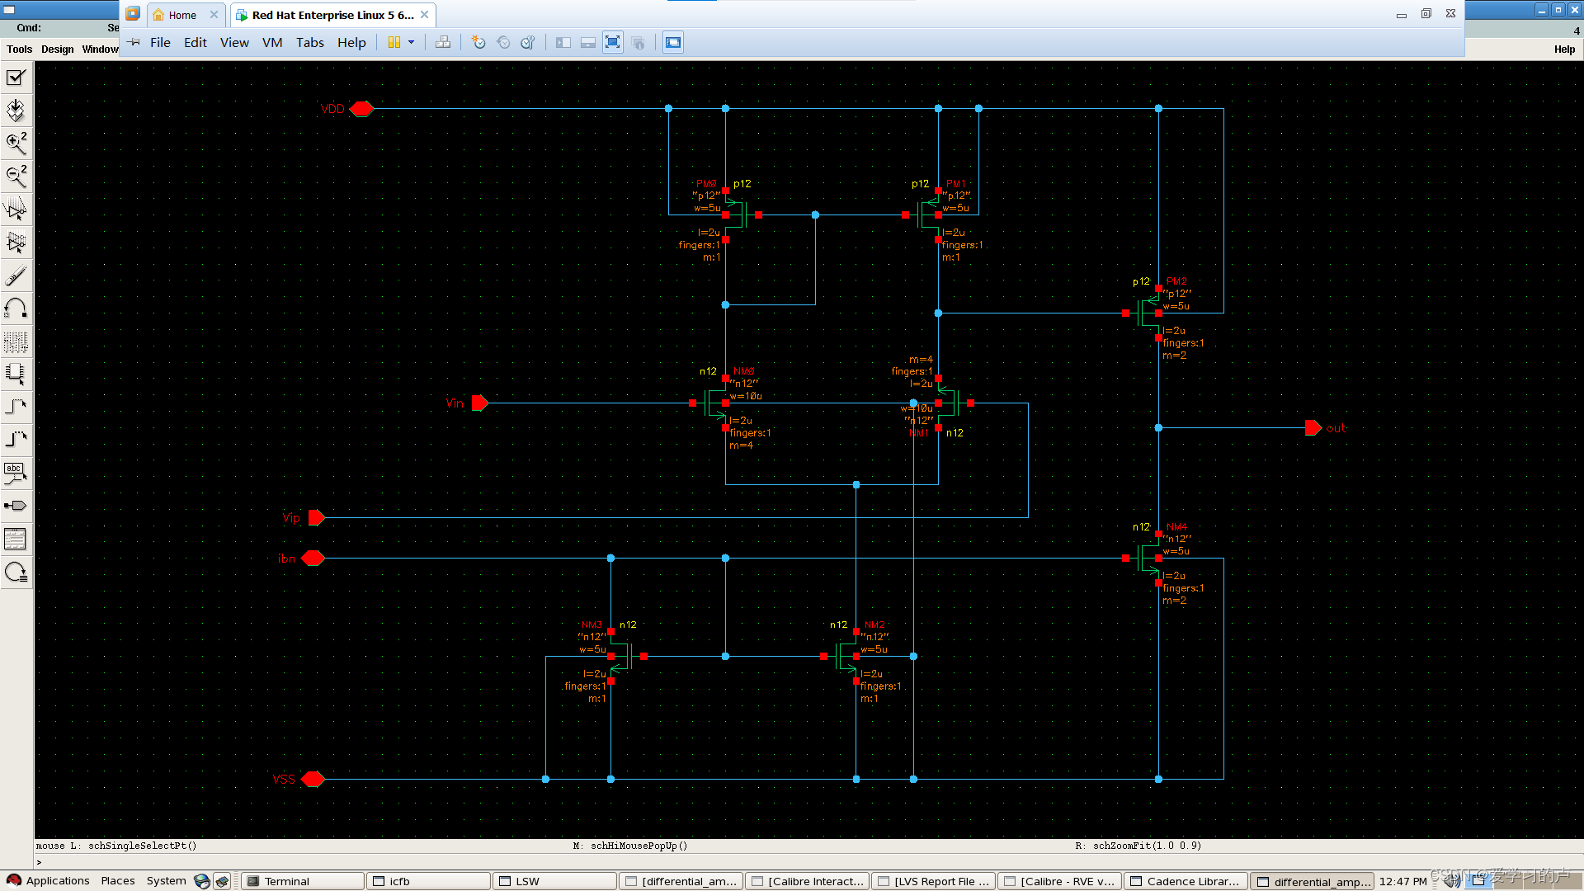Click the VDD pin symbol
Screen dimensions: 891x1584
[x=361, y=109]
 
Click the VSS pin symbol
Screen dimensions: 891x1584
[x=313, y=779]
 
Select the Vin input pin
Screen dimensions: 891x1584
[x=479, y=403]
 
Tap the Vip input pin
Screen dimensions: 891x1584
[x=316, y=518]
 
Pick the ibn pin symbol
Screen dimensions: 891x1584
[x=313, y=559]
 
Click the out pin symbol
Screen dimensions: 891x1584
[x=1313, y=428]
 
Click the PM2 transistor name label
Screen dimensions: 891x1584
[x=1176, y=281]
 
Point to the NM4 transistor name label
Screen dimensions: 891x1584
[x=1176, y=526]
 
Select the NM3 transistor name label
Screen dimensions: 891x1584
[x=592, y=625]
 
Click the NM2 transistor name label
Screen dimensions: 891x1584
[x=874, y=625]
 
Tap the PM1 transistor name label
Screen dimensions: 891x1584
[x=956, y=184]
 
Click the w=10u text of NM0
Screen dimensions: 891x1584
[x=746, y=396]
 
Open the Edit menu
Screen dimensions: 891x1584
[x=195, y=43]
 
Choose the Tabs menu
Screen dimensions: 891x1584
[x=310, y=43]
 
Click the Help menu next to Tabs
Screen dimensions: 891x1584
[x=351, y=43]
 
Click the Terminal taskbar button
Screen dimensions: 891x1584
[x=302, y=881]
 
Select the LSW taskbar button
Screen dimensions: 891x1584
[x=554, y=881]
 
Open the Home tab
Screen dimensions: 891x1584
[x=182, y=15]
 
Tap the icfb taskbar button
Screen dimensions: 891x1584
[x=427, y=881]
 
